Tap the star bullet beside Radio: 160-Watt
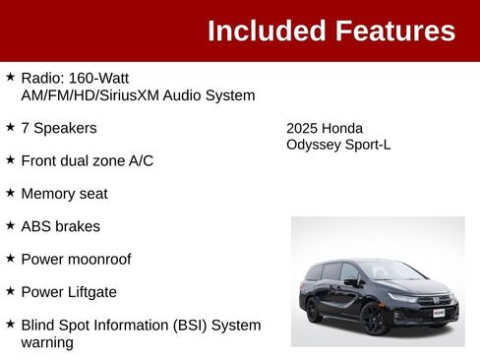click(10, 77)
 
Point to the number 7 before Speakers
click(25, 128)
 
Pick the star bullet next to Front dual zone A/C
click(10, 159)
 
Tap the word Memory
click(49, 194)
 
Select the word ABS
click(37, 226)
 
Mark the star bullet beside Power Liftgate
click(10, 292)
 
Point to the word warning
click(47, 343)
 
